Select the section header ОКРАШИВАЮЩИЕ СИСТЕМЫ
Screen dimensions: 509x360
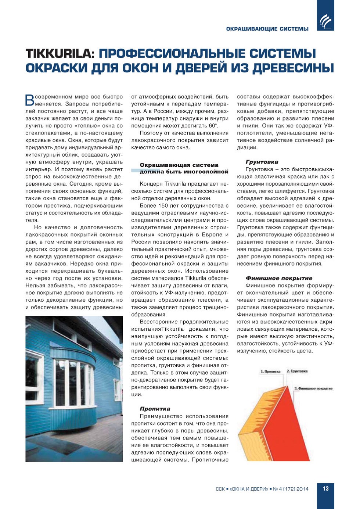tap(267, 29)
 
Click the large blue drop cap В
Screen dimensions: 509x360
tap(29, 100)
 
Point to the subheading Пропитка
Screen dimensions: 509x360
tap(155, 409)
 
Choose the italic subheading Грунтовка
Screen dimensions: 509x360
tap(262, 162)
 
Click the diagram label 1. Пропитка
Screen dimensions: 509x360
tap(270, 372)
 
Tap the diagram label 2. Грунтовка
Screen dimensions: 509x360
tap(297, 371)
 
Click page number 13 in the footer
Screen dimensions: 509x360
tap(325, 489)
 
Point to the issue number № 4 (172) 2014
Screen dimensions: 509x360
tap(291, 489)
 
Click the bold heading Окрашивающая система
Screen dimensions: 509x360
tap(179, 165)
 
